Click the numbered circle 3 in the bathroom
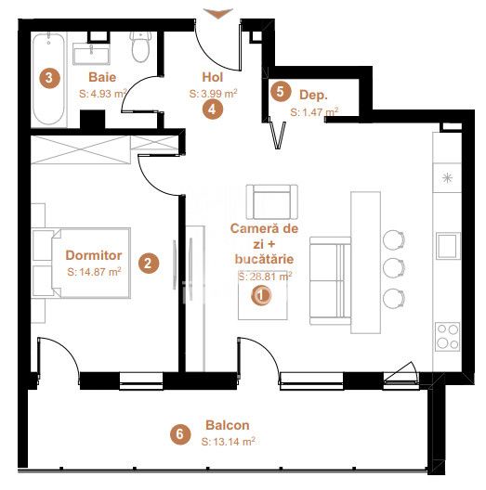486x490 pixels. click(49, 78)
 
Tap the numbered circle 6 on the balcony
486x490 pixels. click(180, 434)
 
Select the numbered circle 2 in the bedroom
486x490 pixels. click(149, 264)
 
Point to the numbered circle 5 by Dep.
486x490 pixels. click(280, 92)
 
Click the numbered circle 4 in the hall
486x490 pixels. click(213, 110)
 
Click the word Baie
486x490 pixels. click(102, 77)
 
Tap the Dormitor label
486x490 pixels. click(94, 255)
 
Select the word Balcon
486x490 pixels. click(228, 425)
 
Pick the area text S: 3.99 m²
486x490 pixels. click(213, 94)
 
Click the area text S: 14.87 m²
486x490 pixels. click(94, 272)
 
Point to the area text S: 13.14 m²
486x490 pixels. click(229, 442)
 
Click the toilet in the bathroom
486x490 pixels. click(141, 46)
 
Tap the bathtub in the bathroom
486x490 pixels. click(49, 80)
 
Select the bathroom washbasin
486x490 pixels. click(91, 54)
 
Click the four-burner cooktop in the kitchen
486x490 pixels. click(448, 337)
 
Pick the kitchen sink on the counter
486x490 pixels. click(449, 246)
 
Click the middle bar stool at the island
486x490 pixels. click(394, 268)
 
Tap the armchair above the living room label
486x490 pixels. click(271, 202)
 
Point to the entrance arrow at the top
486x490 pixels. click(218, 13)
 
